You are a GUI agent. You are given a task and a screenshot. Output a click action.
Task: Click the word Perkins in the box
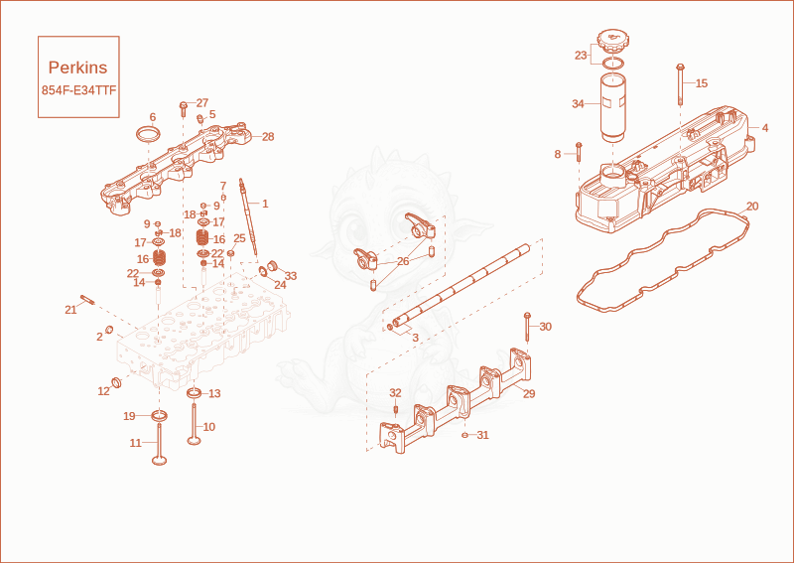click(x=78, y=68)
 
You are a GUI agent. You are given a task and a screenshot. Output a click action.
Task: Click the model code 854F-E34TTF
click(x=79, y=90)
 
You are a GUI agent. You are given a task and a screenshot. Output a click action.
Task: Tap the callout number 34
click(x=579, y=104)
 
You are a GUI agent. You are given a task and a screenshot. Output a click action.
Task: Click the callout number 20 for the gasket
click(x=753, y=207)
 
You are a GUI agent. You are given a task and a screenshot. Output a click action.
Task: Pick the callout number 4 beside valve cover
click(x=765, y=128)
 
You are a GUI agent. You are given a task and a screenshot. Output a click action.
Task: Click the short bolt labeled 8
click(x=579, y=152)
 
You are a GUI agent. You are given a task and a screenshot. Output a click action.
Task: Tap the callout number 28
click(x=268, y=137)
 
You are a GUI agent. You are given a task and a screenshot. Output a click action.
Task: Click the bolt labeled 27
click(x=184, y=109)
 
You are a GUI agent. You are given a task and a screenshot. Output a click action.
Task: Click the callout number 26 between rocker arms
click(x=403, y=261)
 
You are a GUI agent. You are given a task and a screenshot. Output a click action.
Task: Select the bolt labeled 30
click(x=527, y=328)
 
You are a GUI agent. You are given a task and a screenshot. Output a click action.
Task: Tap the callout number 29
click(x=529, y=394)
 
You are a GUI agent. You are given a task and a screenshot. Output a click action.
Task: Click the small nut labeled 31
click(x=464, y=435)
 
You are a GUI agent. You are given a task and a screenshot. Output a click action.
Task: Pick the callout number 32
click(x=395, y=393)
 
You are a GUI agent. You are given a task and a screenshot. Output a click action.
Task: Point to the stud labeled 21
click(x=87, y=300)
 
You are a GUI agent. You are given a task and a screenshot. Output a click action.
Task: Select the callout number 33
click(x=291, y=276)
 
